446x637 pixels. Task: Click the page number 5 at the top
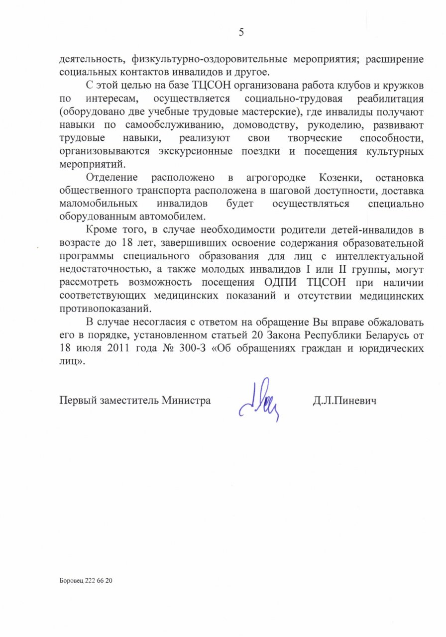pos(241,33)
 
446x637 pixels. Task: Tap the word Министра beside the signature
pos(186,400)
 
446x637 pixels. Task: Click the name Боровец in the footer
pos(72,580)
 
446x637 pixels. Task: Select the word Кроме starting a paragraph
pos(102,230)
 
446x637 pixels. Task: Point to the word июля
pos(88,349)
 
